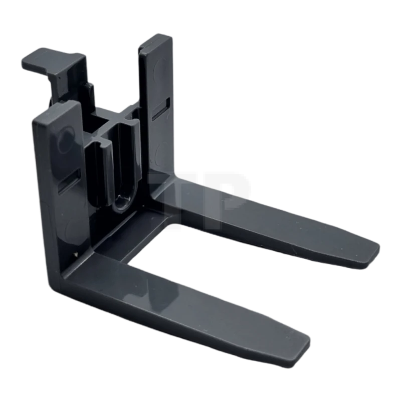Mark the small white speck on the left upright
(x=75, y=254)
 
